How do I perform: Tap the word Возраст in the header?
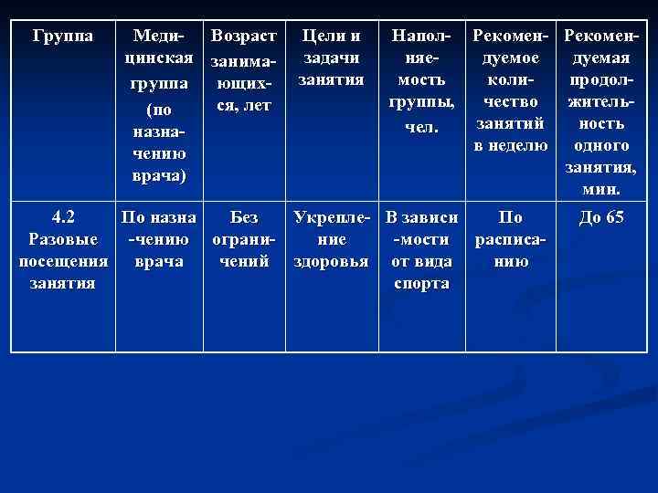coord(243,37)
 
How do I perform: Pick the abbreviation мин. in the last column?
coord(600,189)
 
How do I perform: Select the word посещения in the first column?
coord(62,262)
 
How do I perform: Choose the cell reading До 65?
coord(601,218)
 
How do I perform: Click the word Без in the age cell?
coord(243,218)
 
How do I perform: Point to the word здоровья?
coord(330,262)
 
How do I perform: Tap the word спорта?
coord(421,284)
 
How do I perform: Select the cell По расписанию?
coord(512,240)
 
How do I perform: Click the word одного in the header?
coord(600,146)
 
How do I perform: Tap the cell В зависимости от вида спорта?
coord(421,251)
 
